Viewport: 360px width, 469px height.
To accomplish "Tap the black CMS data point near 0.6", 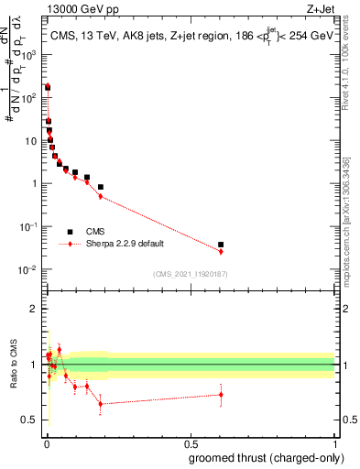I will pos(221,245).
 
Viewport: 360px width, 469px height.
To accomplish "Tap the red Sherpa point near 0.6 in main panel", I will pos(221,251).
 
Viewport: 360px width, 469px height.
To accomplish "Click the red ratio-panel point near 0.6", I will pos(221,395).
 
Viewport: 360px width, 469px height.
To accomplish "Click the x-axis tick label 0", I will pos(46,442).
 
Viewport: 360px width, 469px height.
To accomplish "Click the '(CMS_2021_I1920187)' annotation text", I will pos(190,273).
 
